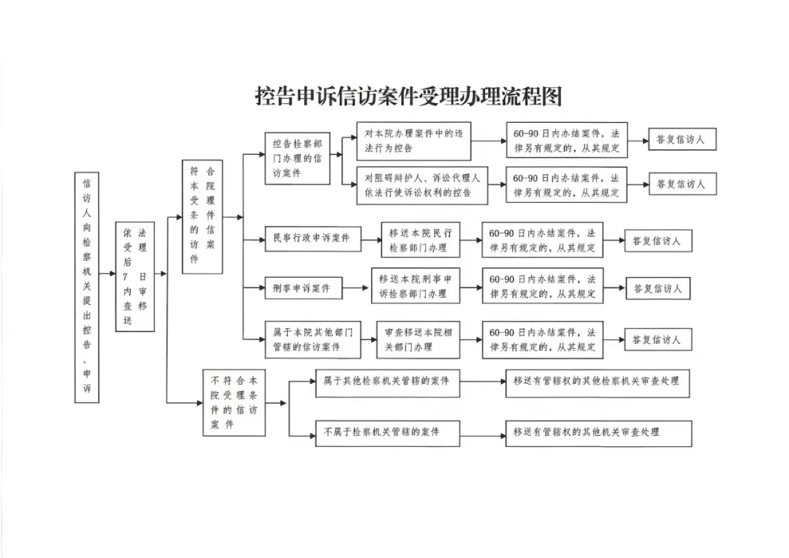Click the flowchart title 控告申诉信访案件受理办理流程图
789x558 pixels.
tap(408, 96)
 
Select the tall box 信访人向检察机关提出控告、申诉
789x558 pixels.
tap(86, 287)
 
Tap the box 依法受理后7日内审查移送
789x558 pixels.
tap(135, 276)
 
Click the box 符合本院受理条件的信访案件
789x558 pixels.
tap(202, 217)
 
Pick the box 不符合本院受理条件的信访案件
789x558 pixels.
tap(234, 402)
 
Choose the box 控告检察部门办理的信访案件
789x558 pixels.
tap(297, 159)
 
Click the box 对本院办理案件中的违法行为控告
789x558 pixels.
tap(413, 141)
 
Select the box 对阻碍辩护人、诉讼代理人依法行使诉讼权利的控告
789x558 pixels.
tap(422, 185)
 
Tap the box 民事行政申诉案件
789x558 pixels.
tap(313, 238)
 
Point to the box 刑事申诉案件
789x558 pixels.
tap(304, 289)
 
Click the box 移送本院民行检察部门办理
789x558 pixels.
tap(421, 240)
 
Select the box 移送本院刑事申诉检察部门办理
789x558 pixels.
tap(416, 286)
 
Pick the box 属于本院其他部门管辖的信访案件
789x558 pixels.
tap(313, 339)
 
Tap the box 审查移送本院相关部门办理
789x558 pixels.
tap(418, 339)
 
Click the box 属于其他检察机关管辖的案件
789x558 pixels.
tap(387, 382)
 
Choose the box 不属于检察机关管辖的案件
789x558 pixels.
tap(387, 433)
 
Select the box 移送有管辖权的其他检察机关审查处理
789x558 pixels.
tap(598, 382)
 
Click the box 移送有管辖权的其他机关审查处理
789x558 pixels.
tap(599, 433)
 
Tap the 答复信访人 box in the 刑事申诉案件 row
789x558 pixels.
tap(657, 288)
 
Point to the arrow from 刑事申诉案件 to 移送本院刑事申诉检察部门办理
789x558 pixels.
tap(355, 288)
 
